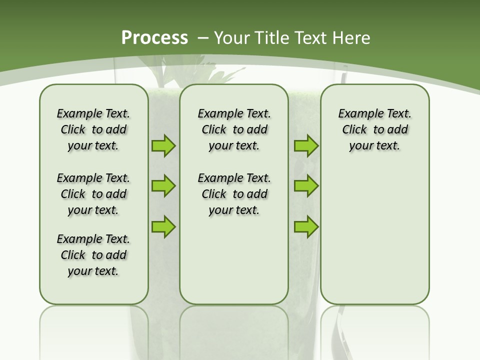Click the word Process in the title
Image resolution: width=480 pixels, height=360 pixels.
154,38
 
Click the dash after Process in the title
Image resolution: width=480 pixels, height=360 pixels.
202,38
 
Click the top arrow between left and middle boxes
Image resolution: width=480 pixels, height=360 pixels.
163,146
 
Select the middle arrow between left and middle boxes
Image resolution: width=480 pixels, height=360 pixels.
163,186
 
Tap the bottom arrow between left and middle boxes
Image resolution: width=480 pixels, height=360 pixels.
163,226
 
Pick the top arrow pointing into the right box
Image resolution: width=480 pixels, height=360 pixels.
306,146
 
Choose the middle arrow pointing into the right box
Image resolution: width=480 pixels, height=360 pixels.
306,186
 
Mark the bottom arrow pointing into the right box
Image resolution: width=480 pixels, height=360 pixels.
306,226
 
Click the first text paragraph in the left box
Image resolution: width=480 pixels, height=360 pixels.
93,129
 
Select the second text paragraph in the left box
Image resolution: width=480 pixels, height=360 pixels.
93,194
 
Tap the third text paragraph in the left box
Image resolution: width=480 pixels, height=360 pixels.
93,255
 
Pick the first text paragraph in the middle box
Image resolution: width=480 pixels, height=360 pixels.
234,129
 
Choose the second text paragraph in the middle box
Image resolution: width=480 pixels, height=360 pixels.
234,194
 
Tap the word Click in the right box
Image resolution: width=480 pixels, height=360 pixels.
354,130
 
